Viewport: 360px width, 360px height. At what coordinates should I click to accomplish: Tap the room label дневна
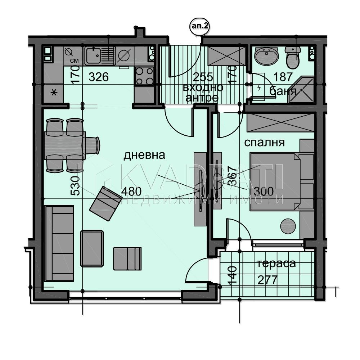[144, 155]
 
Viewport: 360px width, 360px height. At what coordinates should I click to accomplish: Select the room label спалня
[264, 142]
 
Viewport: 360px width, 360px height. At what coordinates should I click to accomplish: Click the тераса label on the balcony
[276, 263]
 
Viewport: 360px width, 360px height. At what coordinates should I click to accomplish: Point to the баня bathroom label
[283, 91]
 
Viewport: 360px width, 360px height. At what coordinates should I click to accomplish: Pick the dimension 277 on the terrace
[267, 280]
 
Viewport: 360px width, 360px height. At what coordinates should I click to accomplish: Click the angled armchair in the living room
[105, 204]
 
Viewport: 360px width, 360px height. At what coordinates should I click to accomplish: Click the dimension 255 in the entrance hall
[203, 77]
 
